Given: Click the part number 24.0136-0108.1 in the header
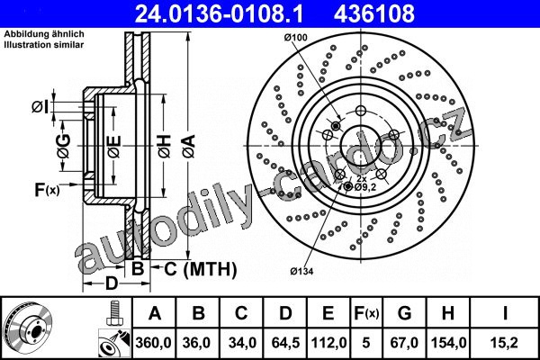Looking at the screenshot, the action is coord(219,13).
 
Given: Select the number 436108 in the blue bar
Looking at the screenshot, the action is coord(374,13).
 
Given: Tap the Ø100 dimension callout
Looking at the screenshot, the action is coord(296,37).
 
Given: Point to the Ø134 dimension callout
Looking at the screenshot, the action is coord(301,272).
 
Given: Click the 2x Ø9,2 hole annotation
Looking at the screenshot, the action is coord(365,184).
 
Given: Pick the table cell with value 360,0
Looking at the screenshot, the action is coord(154,343).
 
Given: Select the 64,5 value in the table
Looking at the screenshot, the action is coord(285,343).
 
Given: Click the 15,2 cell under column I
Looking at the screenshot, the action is coord(505,343).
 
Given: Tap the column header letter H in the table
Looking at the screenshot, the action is coord(447,313).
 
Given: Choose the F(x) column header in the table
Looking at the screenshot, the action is coord(366,313).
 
